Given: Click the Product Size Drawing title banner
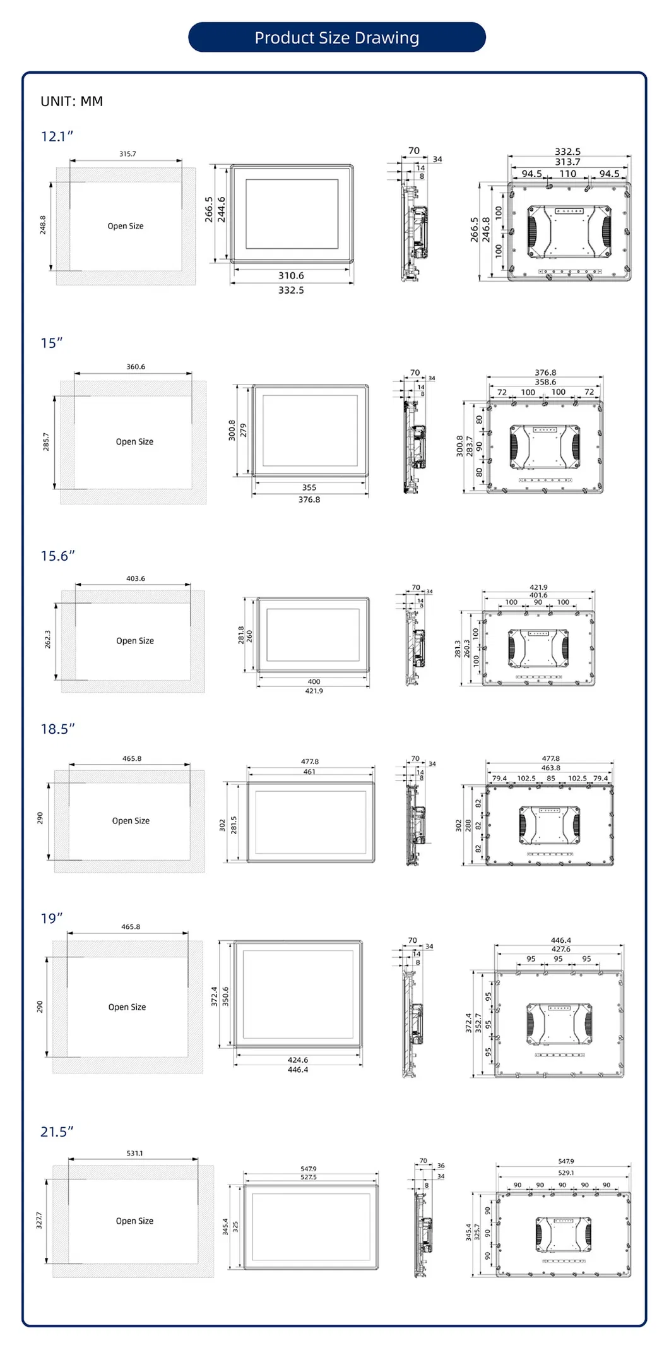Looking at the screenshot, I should (x=336, y=38).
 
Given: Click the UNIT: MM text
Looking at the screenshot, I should (x=71, y=102).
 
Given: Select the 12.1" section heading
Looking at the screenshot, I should (x=57, y=136).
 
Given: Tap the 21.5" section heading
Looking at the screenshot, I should (x=57, y=1132).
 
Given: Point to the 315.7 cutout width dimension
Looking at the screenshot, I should (x=127, y=153).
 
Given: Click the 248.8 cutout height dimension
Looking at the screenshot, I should (x=43, y=225).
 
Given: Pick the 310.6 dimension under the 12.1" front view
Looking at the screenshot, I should (x=291, y=275).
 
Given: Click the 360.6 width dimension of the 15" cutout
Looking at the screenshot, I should (x=136, y=366).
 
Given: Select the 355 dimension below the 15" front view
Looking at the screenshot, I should (x=309, y=487).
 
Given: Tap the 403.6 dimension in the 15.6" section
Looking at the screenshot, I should (x=136, y=578).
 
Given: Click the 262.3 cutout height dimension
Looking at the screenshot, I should (x=47, y=639).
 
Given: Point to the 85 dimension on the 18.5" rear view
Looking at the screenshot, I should (x=551, y=778).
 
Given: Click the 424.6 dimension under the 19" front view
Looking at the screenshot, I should (x=298, y=1060).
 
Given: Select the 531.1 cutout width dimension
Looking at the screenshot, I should (x=134, y=1153).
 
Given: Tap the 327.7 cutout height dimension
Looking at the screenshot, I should (x=39, y=1220).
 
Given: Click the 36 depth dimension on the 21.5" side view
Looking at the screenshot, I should (x=441, y=1166).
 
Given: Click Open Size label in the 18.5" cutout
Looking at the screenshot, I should (x=131, y=821).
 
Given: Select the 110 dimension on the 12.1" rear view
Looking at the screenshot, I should (x=568, y=174).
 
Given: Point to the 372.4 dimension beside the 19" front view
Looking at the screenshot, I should (x=214, y=996).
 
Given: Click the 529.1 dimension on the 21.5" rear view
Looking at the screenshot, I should (x=566, y=1173).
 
